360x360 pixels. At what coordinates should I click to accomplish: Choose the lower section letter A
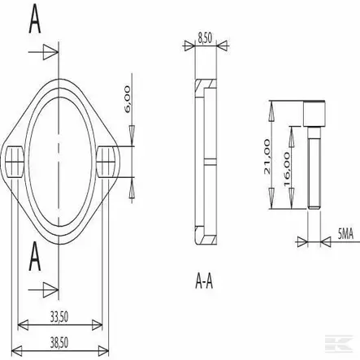click(34, 258)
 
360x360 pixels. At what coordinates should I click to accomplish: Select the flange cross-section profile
click(208, 163)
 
